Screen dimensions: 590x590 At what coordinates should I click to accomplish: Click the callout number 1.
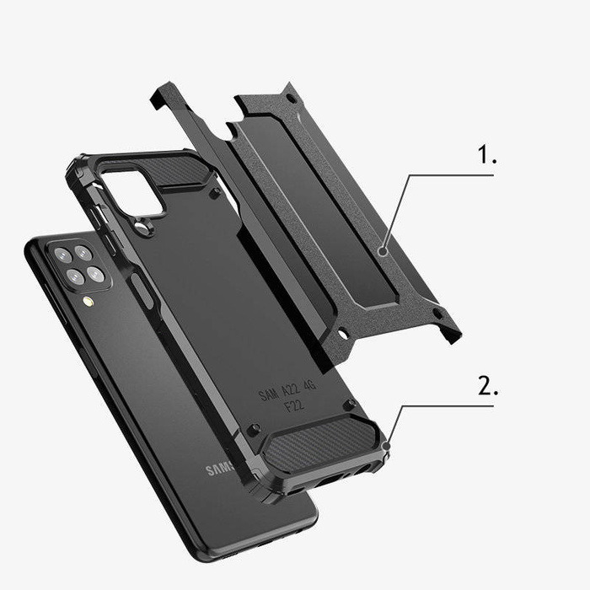pos(487,156)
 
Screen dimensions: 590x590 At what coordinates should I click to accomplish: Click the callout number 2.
pos(488,387)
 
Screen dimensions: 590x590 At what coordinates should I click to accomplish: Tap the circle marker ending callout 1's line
pos(383,250)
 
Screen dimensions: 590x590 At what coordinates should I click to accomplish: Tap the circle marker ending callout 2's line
pos(386,443)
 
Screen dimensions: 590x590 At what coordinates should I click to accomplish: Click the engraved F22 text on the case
pos(294,406)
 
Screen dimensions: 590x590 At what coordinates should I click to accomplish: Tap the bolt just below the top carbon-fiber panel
pos(215,193)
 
